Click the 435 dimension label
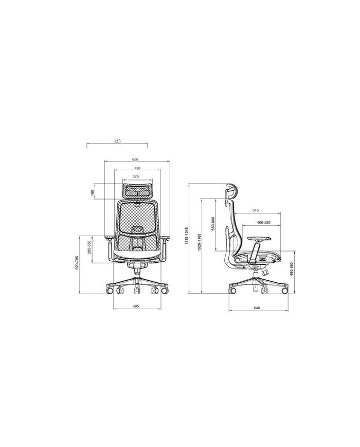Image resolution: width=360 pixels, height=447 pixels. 117,141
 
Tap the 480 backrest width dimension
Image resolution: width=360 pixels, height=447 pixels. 137,168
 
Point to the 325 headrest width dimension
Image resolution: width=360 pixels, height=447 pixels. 136,176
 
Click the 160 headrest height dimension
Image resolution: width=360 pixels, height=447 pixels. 92,193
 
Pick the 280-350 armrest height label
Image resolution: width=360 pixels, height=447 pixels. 89,247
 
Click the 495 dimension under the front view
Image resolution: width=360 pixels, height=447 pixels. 136,306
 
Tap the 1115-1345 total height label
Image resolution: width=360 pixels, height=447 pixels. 187,236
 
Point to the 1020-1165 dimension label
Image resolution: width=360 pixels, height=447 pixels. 199,242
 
